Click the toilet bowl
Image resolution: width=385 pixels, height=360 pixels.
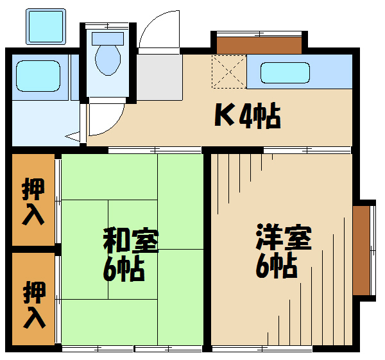[x=108, y=60]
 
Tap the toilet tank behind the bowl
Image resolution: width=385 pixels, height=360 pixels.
[x=108, y=39]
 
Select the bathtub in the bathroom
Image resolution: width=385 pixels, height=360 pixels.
[x=38, y=76]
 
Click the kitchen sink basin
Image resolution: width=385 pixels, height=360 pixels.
[x=285, y=73]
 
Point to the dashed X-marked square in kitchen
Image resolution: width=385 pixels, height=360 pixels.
[x=229, y=71]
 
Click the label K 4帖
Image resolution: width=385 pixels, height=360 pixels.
[x=248, y=116]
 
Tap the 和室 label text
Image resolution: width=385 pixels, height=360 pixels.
[x=131, y=241]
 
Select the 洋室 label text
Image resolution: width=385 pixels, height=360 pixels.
[x=284, y=237]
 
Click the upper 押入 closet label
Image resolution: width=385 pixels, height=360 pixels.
[x=33, y=201]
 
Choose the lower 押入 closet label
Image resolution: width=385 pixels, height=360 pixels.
[x=35, y=305]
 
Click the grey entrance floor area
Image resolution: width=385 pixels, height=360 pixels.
[x=159, y=78]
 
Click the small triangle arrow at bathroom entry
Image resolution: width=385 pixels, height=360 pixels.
[x=73, y=136]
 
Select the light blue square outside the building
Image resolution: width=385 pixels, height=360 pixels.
[x=46, y=26]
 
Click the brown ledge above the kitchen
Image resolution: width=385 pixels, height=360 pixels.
[x=259, y=46]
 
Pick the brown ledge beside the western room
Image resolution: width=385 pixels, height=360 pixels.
[x=361, y=250]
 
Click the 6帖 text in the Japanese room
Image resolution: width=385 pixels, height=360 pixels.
[x=123, y=269]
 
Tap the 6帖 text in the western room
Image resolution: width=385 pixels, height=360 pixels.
[x=277, y=265]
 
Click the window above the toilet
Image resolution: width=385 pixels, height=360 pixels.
[x=108, y=25]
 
